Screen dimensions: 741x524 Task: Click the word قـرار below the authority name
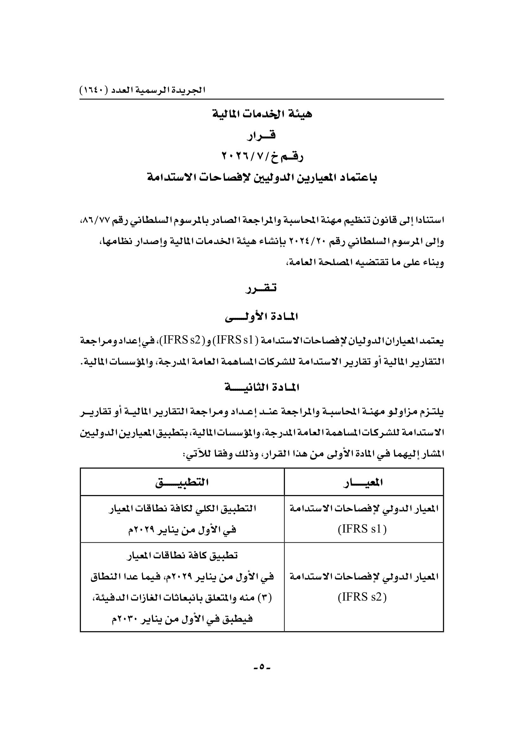click(x=262, y=136)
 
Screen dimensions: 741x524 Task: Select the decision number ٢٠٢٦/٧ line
click(x=262, y=157)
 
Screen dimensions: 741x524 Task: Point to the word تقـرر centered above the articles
click(x=262, y=288)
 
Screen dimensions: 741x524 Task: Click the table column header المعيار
click(x=364, y=482)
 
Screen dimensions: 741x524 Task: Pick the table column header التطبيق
click(x=182, y=482)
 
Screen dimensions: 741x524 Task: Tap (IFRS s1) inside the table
click(x=362, y=530)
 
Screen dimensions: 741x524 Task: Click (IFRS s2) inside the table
click(x=362, y=597)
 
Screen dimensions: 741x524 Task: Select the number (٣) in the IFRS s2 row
click(x=265, y=598)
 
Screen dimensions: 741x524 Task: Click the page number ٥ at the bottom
click(x=262, y=674)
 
